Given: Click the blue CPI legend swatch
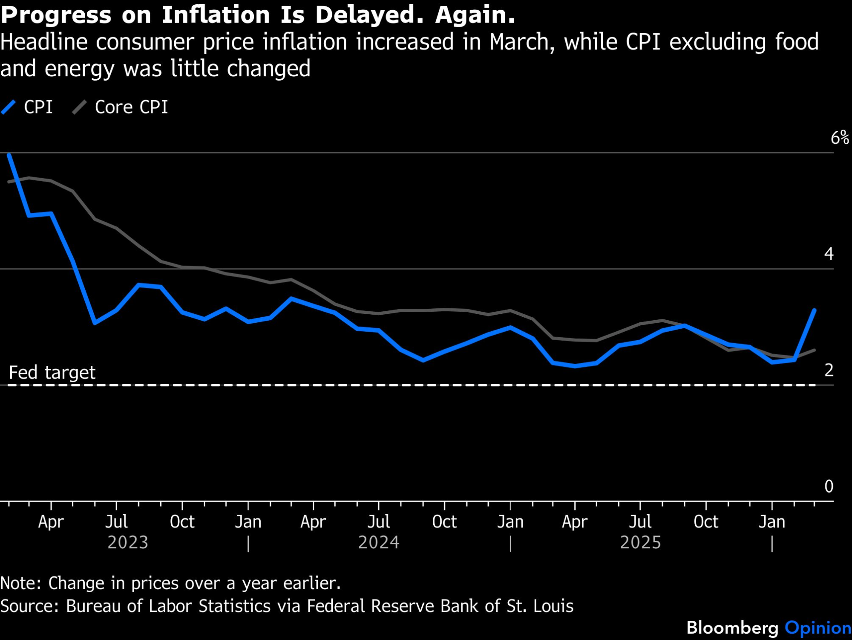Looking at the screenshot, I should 9,107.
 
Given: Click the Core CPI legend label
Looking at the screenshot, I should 131,107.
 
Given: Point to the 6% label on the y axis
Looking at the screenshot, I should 840,138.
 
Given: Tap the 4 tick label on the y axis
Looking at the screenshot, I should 829,254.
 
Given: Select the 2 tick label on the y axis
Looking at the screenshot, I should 829,370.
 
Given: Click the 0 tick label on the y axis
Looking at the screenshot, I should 829,487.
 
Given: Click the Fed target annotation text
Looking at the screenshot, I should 52,373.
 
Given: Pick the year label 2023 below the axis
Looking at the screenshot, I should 128,543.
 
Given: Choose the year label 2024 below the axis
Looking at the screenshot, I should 379,543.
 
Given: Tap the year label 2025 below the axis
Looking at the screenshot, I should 640,543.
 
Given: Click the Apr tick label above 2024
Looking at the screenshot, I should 313,522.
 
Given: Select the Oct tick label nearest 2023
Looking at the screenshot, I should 182,522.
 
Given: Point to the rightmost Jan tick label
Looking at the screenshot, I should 771,522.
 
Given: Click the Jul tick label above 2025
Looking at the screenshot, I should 640,522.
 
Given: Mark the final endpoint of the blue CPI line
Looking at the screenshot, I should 815,310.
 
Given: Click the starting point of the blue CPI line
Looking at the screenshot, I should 9,154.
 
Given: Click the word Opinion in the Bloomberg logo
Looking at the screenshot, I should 818,628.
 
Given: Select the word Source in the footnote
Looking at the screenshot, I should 29,606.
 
